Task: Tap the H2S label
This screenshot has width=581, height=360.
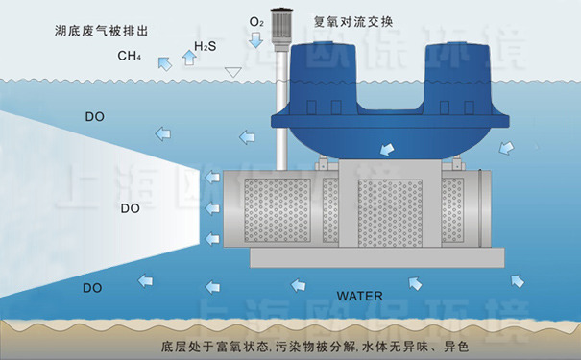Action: click(x=205, y=46)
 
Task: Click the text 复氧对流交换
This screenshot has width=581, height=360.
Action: click(x=352, y=20)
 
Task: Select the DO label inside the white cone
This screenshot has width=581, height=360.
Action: click(x=132, y=206)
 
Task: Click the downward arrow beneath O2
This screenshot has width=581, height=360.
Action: click(x=255, y=40)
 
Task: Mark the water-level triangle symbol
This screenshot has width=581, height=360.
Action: click(x=231, y=71)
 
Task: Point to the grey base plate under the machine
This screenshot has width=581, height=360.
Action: click(x=375, y=257)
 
